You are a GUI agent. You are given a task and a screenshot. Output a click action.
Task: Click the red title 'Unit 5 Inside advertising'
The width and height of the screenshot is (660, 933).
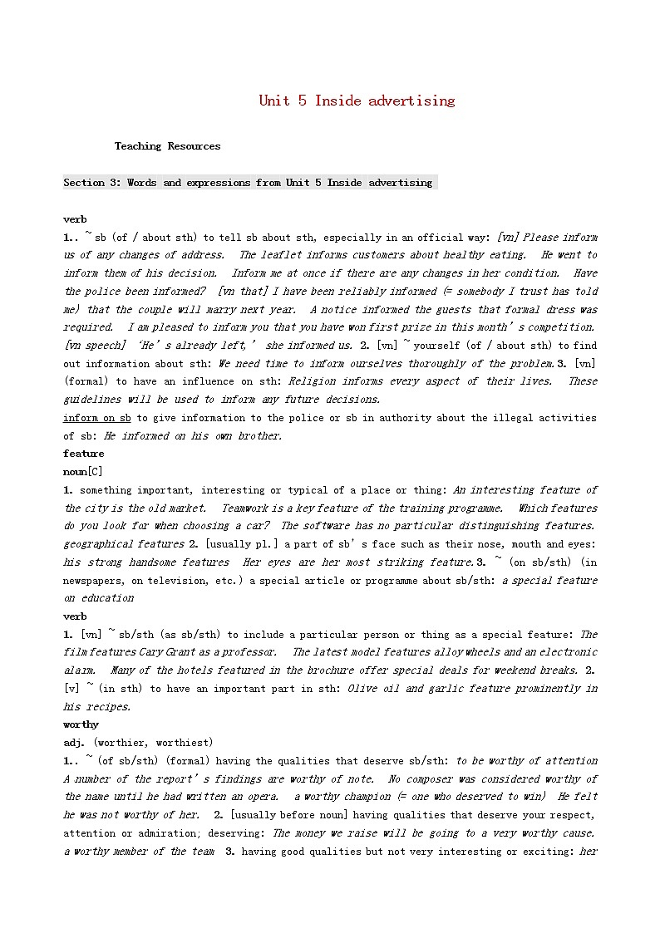[x=357, y=101]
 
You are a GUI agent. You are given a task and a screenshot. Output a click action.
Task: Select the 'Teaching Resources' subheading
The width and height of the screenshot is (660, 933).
[x=167, y=146]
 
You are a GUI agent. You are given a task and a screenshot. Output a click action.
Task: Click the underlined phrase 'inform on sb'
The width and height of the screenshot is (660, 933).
[x=97, y=418]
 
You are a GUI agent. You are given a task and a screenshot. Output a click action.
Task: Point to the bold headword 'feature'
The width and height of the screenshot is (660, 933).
[x=83, y=454]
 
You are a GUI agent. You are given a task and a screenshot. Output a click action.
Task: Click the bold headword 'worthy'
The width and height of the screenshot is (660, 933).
[x=81, y=724]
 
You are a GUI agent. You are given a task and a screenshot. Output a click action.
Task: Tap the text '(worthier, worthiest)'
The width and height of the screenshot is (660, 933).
[x=153, y=742]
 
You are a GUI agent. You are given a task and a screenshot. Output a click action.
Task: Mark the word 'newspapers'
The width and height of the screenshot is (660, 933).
[x=94, y=581]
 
